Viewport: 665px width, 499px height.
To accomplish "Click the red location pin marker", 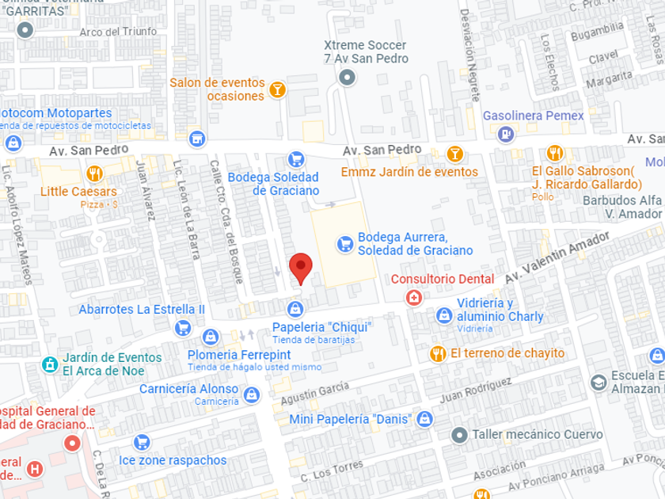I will (x=300, y=267).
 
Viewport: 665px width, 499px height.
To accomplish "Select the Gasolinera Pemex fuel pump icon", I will (x=505, y=135).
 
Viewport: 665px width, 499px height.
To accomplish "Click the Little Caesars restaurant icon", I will (x=95, y=173).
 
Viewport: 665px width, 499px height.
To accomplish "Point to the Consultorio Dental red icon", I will (x=412, y=298).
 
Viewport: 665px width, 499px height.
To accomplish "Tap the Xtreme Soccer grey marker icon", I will (x=347, y=77).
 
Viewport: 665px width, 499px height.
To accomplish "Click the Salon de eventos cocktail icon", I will (x=277, y=90).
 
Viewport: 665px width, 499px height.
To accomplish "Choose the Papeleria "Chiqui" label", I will (x=321, y=327).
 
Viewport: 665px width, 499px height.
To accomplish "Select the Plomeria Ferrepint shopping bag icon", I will (x=211, y=337).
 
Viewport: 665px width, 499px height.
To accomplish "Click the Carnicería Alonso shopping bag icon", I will (x=251, y=394).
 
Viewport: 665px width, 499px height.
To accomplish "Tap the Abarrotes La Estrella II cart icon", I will (x=183, y=327).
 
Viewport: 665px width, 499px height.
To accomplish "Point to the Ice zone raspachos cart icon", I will (x=142, y=442).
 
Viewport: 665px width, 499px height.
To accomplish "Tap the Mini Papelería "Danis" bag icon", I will (x=424, y=418).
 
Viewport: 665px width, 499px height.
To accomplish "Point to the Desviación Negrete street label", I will (x=469, y=55).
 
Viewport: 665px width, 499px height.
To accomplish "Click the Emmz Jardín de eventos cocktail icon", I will (x=454, y=154).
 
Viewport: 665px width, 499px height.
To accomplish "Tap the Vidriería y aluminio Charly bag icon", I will (x=444, y=316).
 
